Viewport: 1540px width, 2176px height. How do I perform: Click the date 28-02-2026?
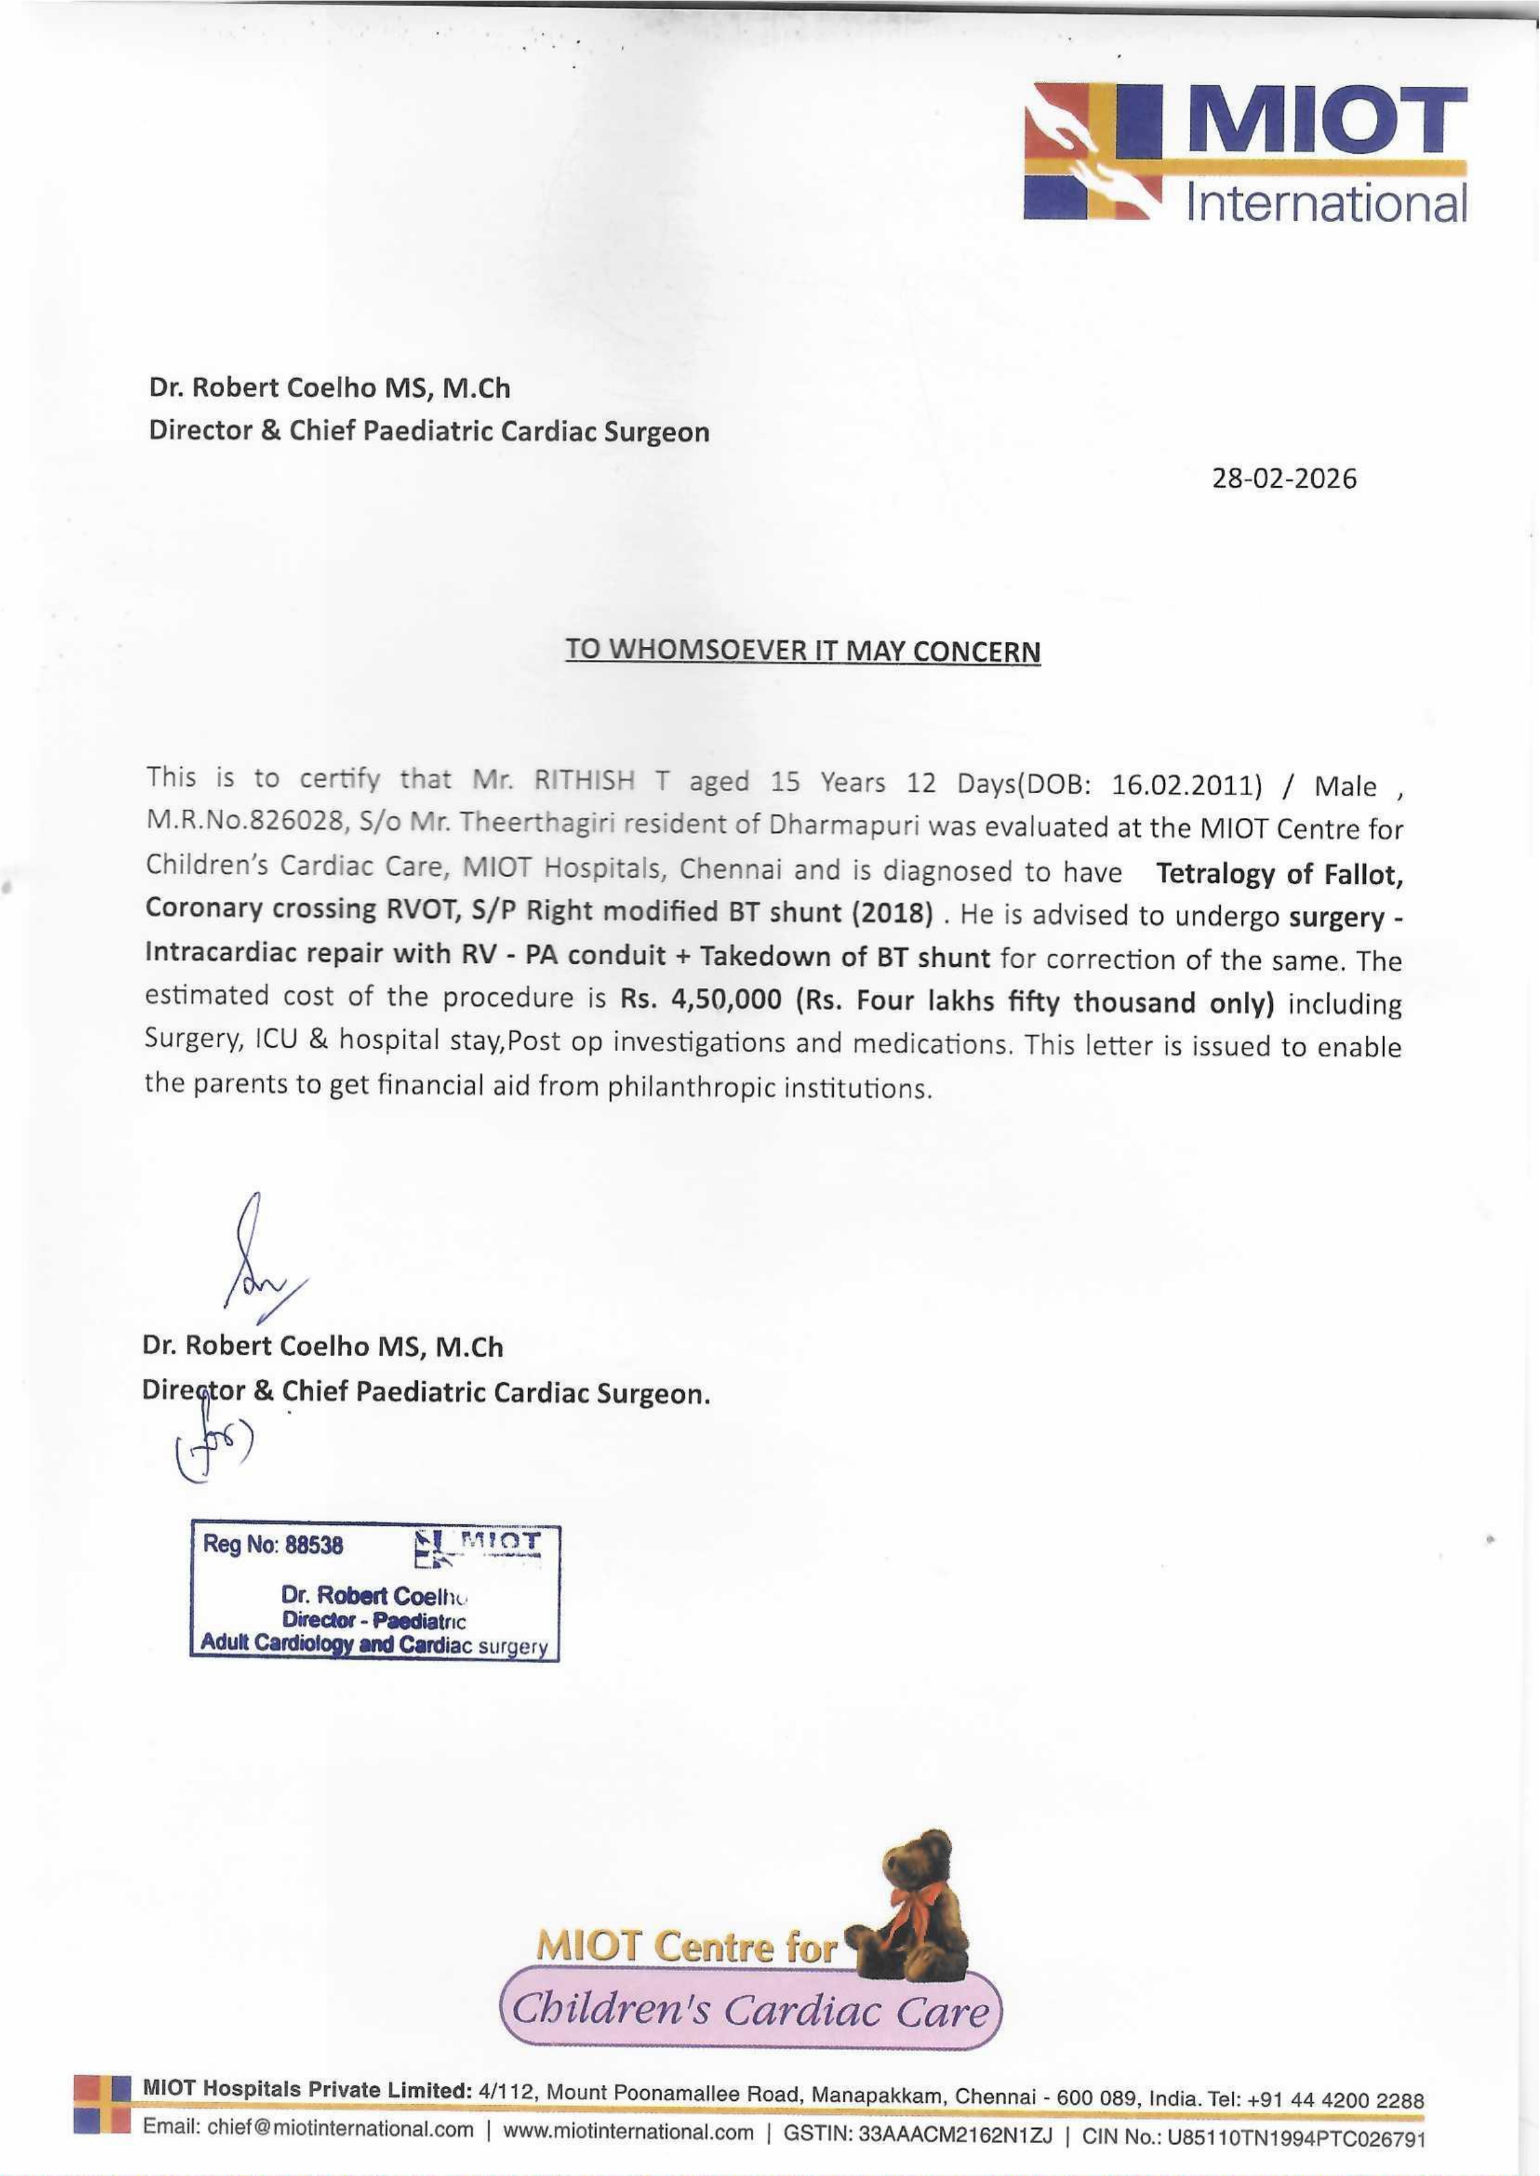tap(1284, 478)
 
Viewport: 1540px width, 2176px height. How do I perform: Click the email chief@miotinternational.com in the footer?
tap(308, 2129)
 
